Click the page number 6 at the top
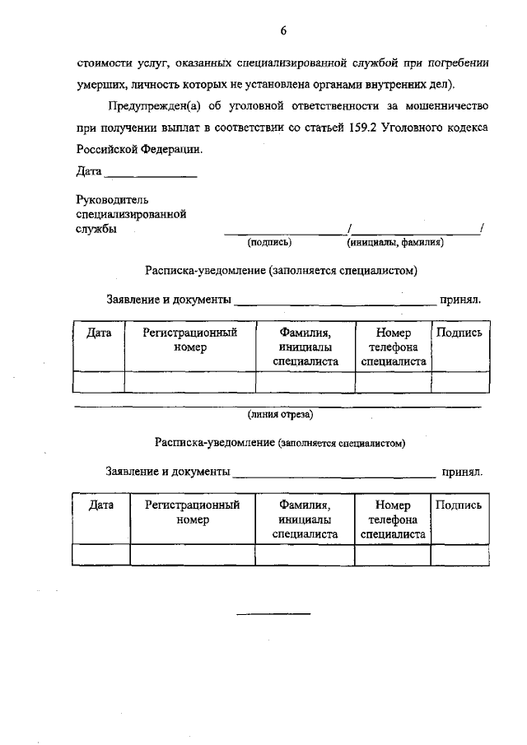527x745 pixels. point(282,32)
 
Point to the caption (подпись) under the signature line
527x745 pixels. point(269,243)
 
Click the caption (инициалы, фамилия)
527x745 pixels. point(395,243)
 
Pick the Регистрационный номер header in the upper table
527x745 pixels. point(190,340)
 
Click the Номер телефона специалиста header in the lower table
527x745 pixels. point(393,519)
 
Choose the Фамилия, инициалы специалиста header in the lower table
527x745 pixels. point(305,519)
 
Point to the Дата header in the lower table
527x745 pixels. point(100,505)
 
